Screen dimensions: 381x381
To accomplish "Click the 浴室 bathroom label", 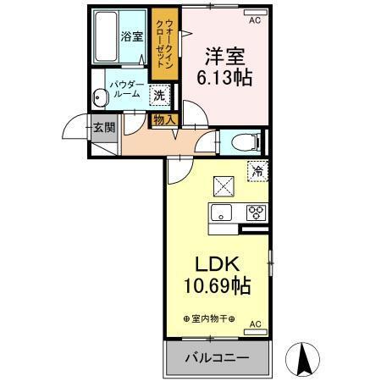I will tap(130, 36).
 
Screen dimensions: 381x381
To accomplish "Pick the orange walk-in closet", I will tap(163, 45).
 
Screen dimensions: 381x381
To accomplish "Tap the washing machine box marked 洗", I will tap(159, 95).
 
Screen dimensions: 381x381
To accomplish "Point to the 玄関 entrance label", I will tap(103, 129).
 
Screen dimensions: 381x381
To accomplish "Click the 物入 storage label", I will tap(164, 119).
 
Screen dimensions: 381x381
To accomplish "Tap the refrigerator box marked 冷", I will tap(257, 170).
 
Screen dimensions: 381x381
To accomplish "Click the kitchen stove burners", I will tap(256, 213).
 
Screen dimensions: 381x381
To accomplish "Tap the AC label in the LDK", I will tap(255, 323).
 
